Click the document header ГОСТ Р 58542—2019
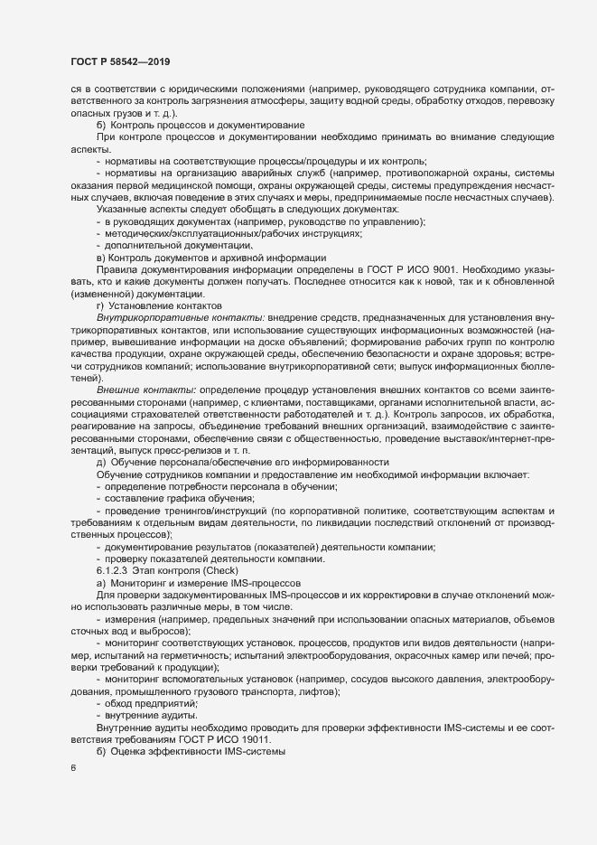tap(120, 61)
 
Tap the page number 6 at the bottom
tap(73, 768)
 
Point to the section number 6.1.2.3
tap(113, 571)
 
